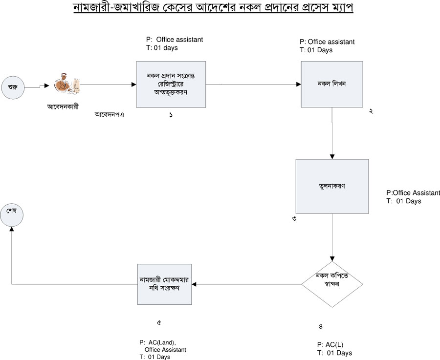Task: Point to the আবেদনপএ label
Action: click(108, 115)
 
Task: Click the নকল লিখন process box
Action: click(331, 84)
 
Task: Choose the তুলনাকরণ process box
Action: click(331, 186)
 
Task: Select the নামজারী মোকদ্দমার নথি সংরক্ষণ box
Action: click(164, 284)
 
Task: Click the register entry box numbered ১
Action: click(171, 84)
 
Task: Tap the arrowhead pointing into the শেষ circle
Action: click(12, 231)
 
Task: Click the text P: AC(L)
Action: click(330, 344)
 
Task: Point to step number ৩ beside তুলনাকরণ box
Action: click(294, 218)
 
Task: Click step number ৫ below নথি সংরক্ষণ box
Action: click(159, 323)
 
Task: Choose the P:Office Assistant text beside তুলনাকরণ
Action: click(413, 193)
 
